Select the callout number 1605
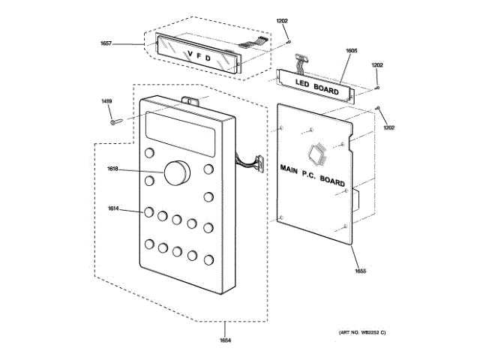pyautogui.click(x=351, y=51)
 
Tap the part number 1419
pyautogui.click(x=107, y=101)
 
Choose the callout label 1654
pyautogui.click(x=226, y=342)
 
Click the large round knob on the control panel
pyautogui.click(x=178, y=172)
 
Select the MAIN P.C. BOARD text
pyautogui.click(x=312, y=174)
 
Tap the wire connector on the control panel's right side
pyautogui.click(x=255, y=161)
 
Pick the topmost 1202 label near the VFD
pyautogui.click(x=281, y=20)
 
